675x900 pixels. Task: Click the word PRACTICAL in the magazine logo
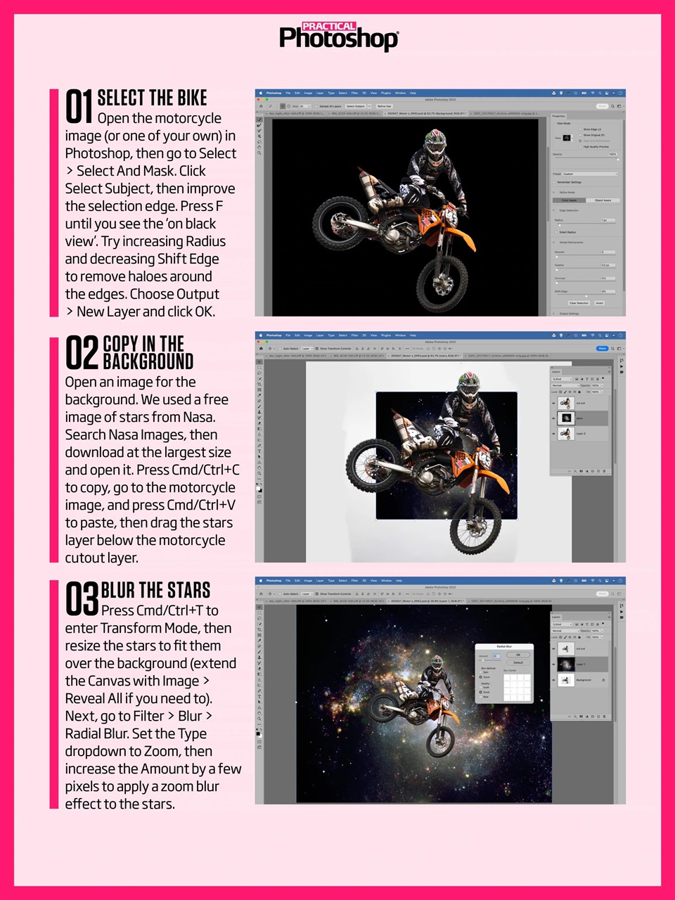pos(328,26)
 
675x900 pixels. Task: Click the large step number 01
pos(79,107)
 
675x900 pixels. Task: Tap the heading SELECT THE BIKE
pos(152,98)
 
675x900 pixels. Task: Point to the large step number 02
pos(82,353)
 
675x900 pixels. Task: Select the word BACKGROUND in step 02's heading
pos(148,361)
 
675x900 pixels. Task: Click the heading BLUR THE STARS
pos(155,590)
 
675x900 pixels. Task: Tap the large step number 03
pos(82,599)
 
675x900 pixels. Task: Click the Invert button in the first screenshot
pos(599,303)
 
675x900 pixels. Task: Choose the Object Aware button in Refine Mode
pos(603,200)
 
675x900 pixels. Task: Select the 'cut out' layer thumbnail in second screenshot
pos(566,403)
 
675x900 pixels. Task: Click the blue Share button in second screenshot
pos(602,348)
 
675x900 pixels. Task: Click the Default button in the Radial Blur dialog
pos(518,662)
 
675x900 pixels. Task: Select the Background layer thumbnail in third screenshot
pos(566,680)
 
